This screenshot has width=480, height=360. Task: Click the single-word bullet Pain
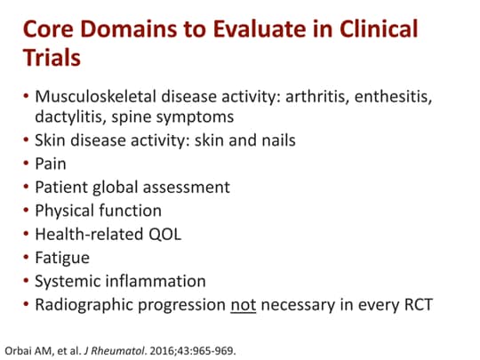click(x=50, y=164)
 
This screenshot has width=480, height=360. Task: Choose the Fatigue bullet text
click(x=61, y=258)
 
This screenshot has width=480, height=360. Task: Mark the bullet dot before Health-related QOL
click(x=25, y=235)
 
